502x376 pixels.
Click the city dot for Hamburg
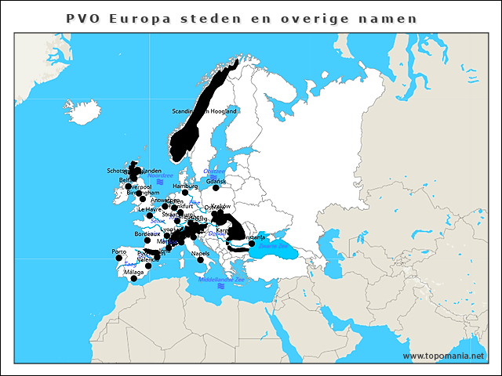click(x=185, y=193)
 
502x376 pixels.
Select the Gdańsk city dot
click(x=216, y=187)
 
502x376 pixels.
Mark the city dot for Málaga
click(x=133, y=278)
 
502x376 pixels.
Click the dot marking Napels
click(x=200, y=260)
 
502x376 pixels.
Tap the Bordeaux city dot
click(x=147, y=240)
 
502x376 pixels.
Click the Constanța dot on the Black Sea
click(x=252, y=243)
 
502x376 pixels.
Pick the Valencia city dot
click(x=148, y=266)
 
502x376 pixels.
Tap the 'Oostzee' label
click(x=213, y=171)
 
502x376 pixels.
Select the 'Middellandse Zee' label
click(x=221, y=280)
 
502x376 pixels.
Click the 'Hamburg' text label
click(x=185, y=186)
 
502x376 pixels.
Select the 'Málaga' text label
click(x=133, y=272)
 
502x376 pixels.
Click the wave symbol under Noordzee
click(x=159, y=182)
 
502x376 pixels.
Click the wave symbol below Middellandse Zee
click(x=221, y=287)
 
